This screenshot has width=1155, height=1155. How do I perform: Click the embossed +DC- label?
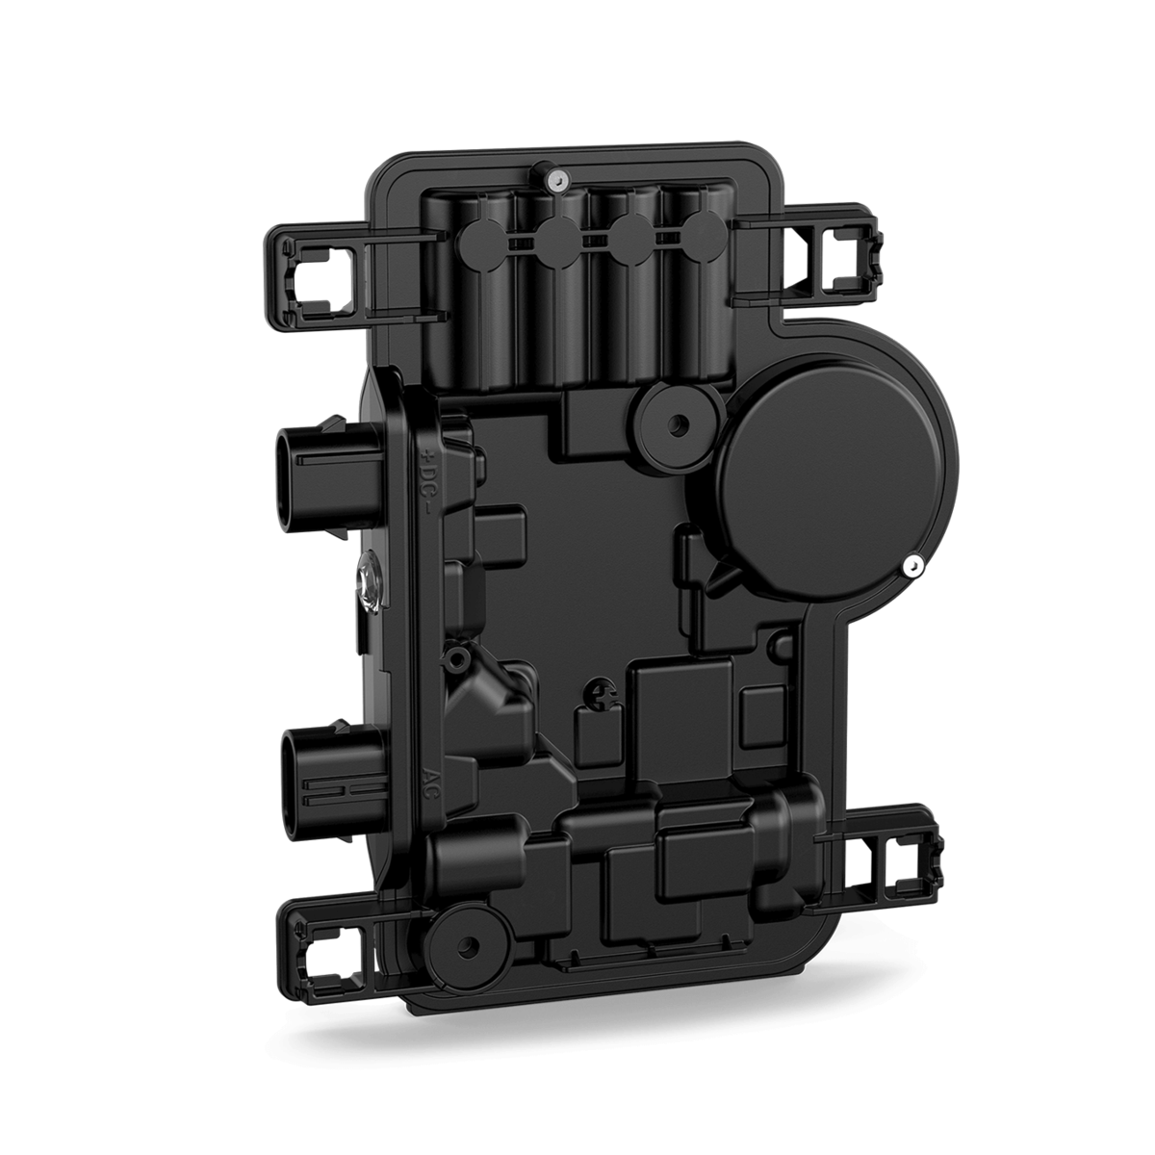[x=429, y=479]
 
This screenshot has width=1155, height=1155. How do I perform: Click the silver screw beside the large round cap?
[x=912, y=566]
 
